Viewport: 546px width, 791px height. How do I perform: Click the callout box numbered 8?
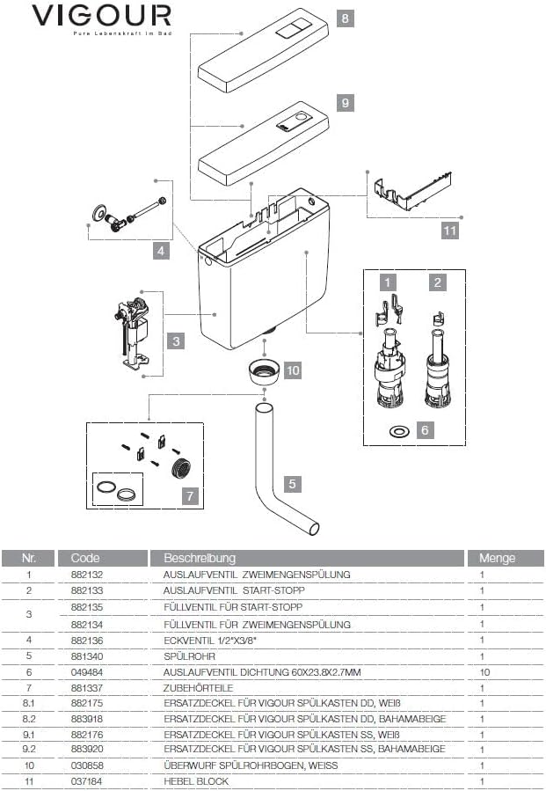pos(346,18)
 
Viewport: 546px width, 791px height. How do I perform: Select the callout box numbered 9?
pos(346,103)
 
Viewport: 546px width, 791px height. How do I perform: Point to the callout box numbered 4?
pos(161,251)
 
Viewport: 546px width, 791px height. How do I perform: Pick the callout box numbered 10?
pos(293,370)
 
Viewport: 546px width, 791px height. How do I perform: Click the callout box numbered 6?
pos(425,430)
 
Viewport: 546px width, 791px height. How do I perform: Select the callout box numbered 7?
pos(189,495)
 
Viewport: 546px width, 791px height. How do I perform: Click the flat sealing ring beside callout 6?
pos(398,431)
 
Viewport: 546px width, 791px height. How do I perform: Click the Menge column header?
pos(497,558)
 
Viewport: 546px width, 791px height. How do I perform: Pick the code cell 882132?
pos(86,574)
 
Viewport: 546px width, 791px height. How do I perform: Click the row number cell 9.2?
pos(29,748)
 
